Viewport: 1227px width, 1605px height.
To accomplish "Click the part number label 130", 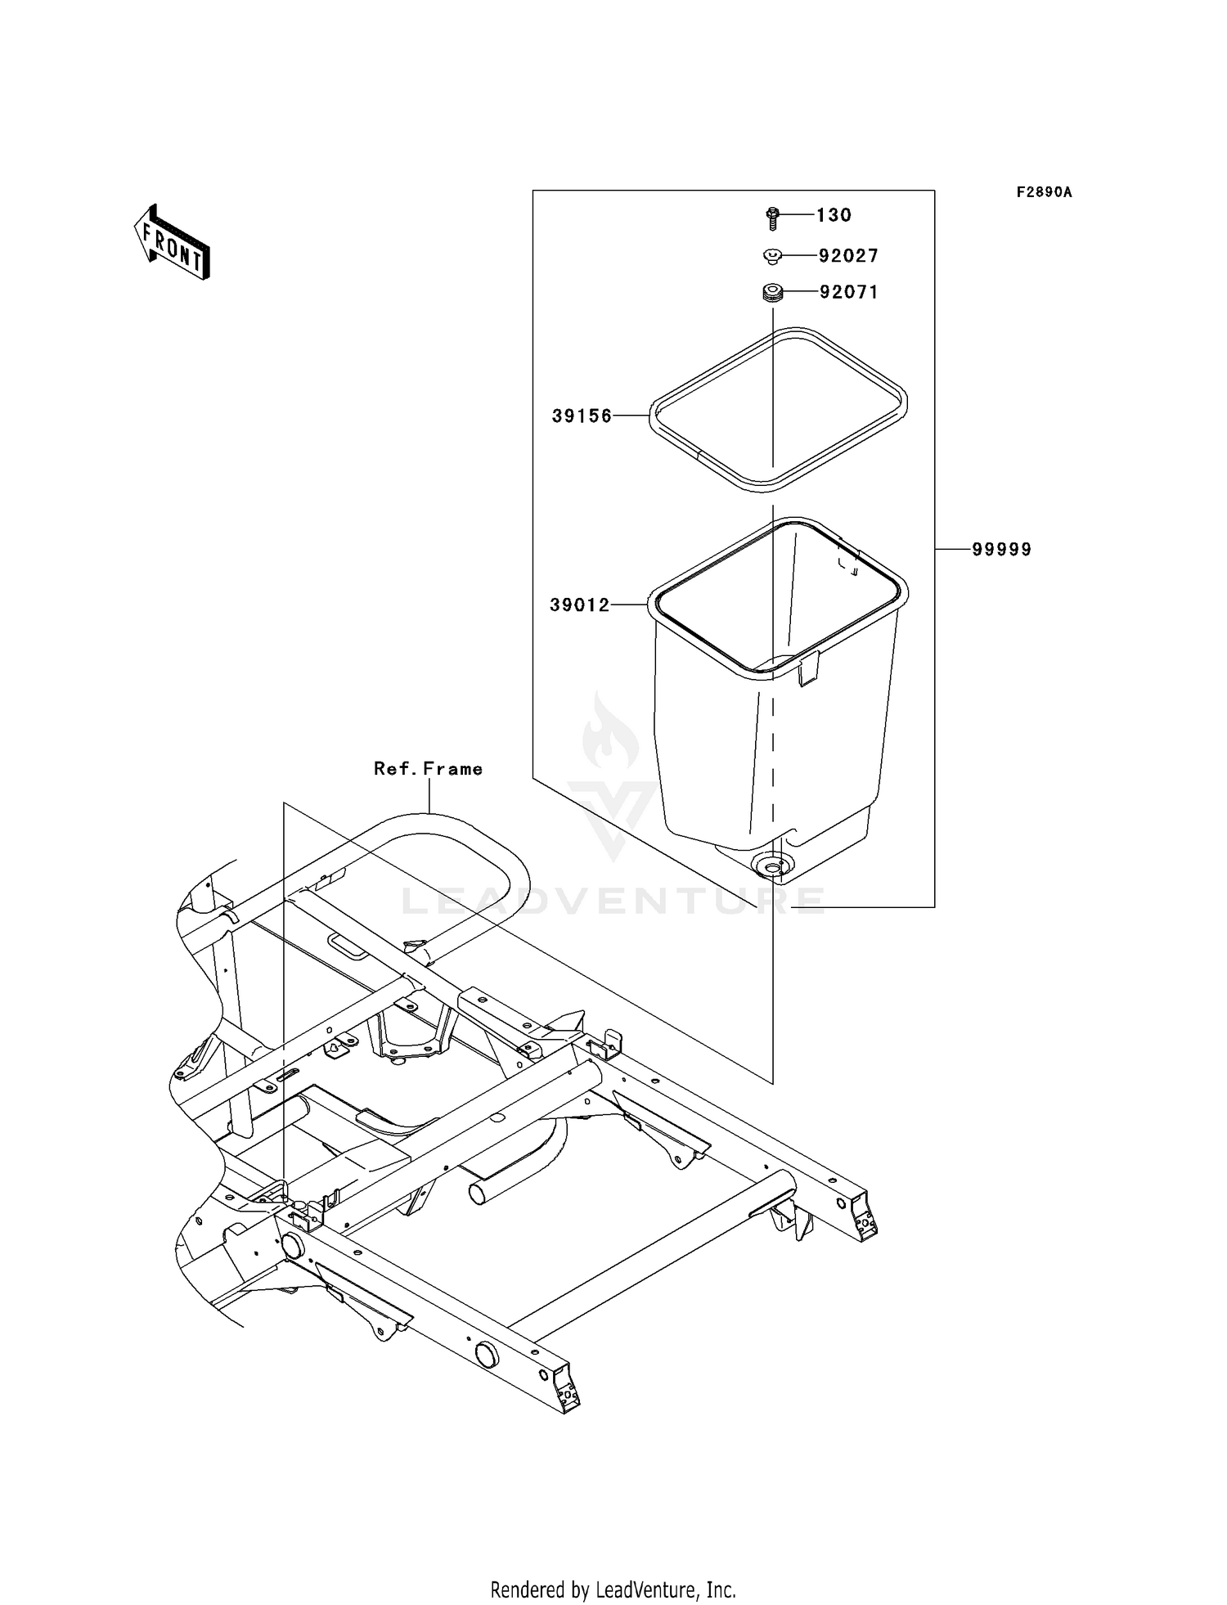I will [x=834, y=215].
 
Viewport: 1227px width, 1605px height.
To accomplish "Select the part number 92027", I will [x=848, y=256].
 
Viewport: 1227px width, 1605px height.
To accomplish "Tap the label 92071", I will [x=848, y=292].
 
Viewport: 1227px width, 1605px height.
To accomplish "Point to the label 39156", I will [x=582, y=416].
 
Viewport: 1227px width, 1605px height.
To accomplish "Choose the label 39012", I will [x=579, y=605].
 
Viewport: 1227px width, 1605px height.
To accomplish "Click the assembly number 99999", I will [x=1001, y=550].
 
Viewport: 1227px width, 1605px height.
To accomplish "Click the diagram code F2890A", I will [x=1044, y=192].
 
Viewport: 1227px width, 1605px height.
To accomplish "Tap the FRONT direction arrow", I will [x=173, y=243].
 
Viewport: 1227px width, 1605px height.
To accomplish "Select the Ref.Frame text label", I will [x=428, y=769].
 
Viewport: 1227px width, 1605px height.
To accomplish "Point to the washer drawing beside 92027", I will [x=771, y=257].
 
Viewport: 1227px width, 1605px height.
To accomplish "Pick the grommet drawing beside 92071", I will [x=772, y=292].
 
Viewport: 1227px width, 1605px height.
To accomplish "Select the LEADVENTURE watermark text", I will [x=613, y=901].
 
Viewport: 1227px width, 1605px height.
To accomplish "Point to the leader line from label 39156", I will [x=631, y=416].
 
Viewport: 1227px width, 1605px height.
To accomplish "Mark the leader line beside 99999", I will [x=952, y=550].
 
